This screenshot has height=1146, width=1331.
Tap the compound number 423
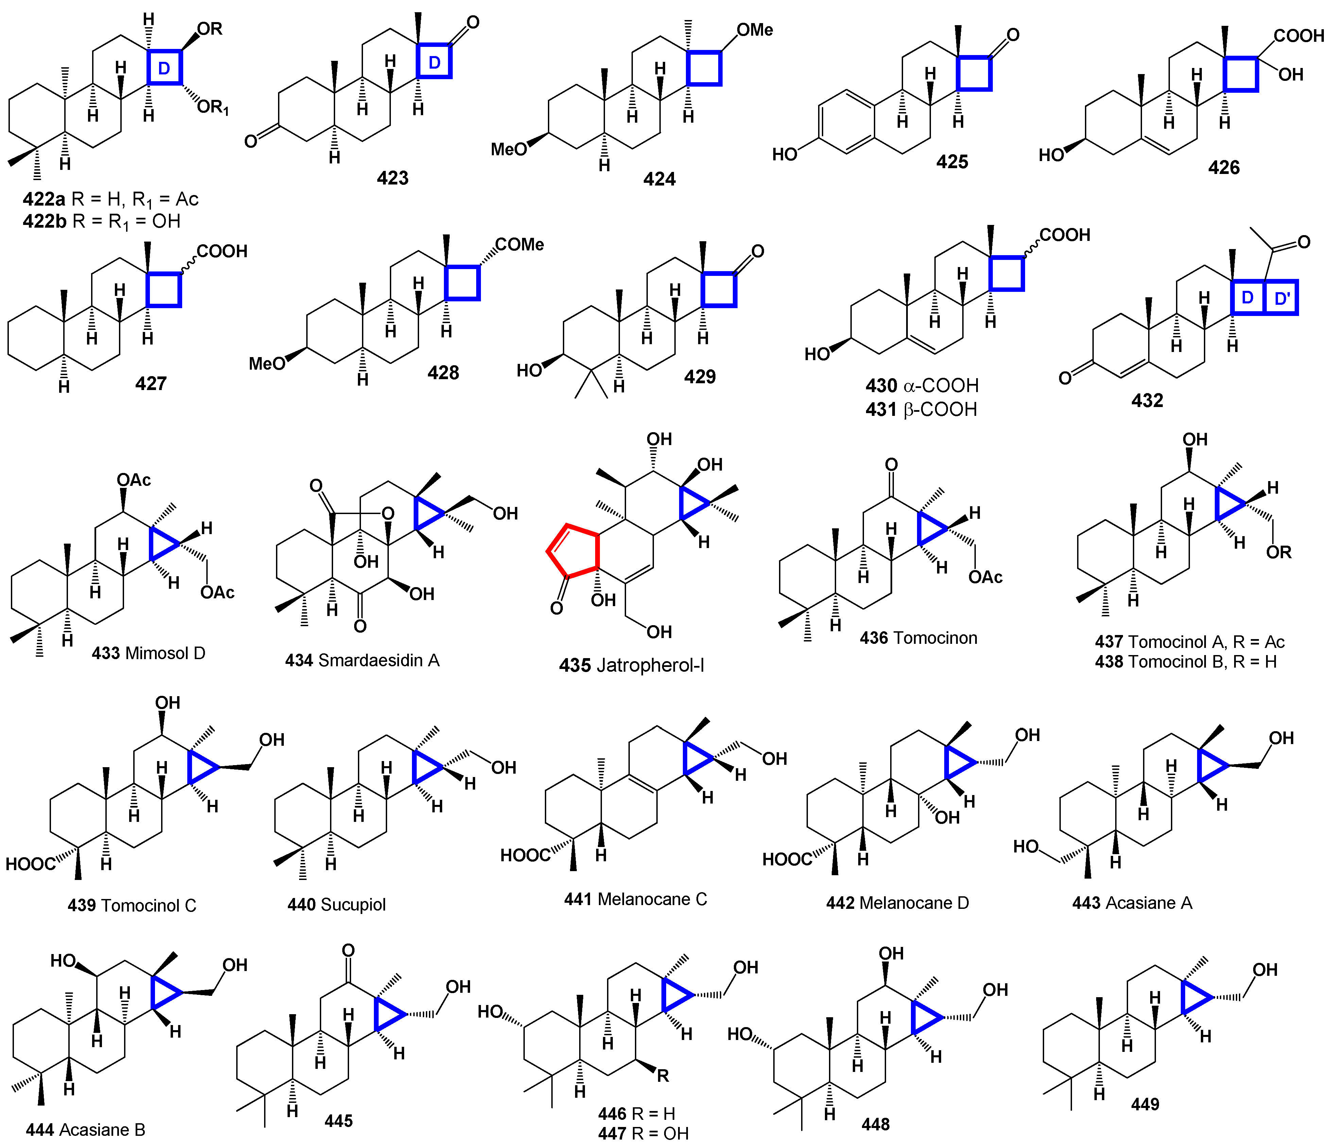click(x=393, y=178)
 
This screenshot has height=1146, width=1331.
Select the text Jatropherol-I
click(x=650, y=665)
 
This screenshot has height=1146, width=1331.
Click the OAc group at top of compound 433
click(x=134, y=480)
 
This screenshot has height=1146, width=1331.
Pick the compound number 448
click(x=876, y=1124)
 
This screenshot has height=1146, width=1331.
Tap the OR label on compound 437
click(x=1278, y=552)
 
